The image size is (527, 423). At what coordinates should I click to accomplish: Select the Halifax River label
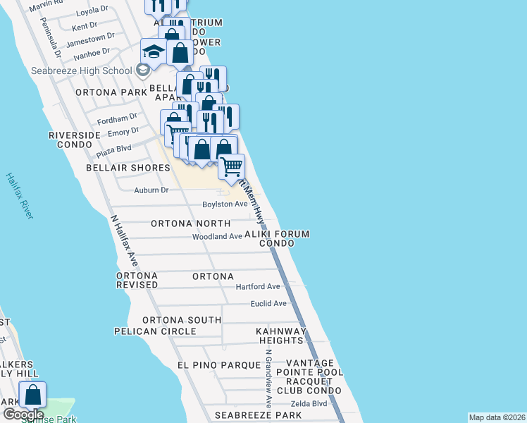pyautogui.click(x=19, y=195)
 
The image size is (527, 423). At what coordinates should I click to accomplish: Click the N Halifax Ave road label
pyautogui.click(x=124, y=240)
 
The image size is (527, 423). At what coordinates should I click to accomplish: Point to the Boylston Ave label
pyautogui.click(x=225, y=204)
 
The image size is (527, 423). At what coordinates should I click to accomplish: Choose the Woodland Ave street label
pyautogui.click(x=217, y=237)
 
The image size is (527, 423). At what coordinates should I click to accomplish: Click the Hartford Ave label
pyautogui.click(x=258, y=287)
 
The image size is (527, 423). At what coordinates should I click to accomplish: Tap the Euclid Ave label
pyautogui.click(x=268, y=304)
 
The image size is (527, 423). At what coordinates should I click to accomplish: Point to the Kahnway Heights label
pyautogui.click(x=280, y=336)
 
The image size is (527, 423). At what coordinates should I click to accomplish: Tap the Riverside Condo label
pyautogui.click(x=70, y=140)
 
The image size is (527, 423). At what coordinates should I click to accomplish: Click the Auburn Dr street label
pyautogui.click(x=151, y=190)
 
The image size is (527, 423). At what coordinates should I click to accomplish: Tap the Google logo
pyautogui.click(x=23, y=415)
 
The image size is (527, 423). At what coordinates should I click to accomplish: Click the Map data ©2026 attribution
pyautogui.click(x=497, y=417)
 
